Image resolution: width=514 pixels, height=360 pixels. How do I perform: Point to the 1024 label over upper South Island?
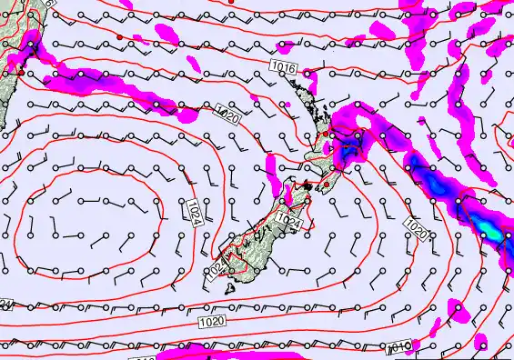click(x=287, y=221)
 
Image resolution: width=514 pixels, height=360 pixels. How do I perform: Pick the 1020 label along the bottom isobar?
click(x=208, y=321)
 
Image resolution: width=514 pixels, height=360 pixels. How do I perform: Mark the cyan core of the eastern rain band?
click(x=494, y=233)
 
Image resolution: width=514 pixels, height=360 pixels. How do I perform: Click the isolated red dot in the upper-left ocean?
click(x=119, y=37)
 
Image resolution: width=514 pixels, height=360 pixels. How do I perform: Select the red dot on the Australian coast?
click(x=20, y=71)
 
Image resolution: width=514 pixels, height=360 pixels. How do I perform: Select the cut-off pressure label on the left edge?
click(x=5, y=304)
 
